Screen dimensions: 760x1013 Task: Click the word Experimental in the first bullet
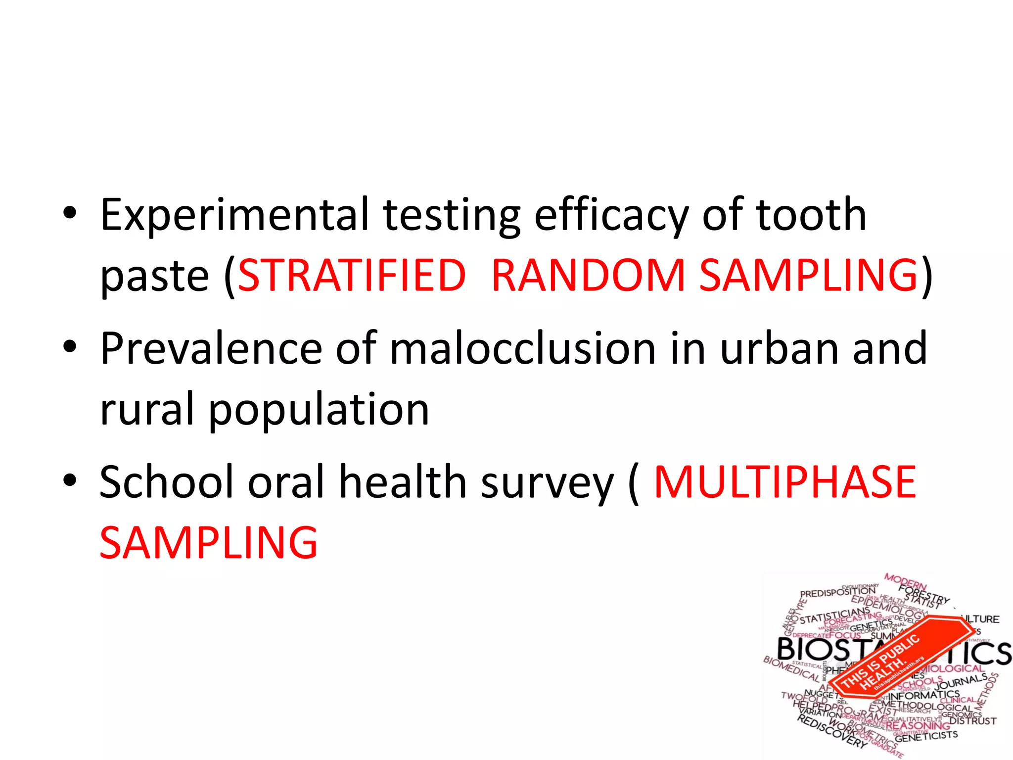point(234,215)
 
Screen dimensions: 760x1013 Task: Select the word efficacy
point(611,215)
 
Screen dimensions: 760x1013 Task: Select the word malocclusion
point(522,349)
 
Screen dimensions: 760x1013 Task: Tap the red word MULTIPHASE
point(784,482)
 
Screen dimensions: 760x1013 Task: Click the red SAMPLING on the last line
point(208,543)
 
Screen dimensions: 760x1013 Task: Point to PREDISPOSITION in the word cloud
point(837,592)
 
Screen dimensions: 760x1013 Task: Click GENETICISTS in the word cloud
point(926,737)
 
